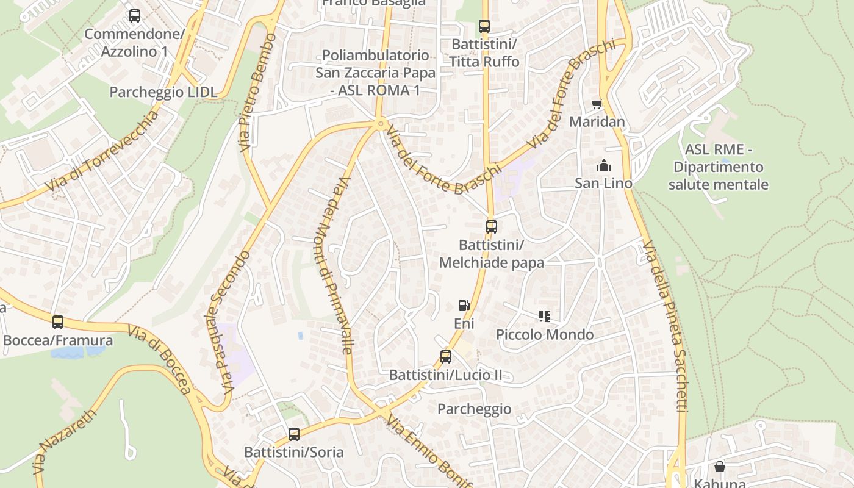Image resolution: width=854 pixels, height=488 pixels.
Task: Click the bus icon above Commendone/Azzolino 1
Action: coord(135,16)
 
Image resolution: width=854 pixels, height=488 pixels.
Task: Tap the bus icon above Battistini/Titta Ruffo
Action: coord(484,26)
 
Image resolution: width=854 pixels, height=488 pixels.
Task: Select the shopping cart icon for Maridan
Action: coord(597,104)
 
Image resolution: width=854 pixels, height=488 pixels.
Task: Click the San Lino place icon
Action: coord(604,165)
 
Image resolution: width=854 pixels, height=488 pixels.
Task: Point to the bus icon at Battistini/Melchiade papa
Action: coord(492,227)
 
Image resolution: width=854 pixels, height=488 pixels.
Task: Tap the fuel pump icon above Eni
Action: coord(464,306)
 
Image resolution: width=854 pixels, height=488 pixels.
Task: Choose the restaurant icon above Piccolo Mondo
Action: coord(545,317)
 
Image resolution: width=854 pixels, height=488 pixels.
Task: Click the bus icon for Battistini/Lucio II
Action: coord(446,357)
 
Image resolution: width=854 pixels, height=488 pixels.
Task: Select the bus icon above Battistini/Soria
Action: coord(294,434)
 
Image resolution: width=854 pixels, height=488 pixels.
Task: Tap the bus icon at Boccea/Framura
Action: coord(58,322)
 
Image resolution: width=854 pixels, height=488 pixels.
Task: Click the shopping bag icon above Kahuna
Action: coord(720,467)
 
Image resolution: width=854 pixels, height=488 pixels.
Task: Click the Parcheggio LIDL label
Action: coord(163,92)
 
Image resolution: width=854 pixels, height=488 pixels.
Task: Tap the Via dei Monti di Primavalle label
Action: coord(337,265)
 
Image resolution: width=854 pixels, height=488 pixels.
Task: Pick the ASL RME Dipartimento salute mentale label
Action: coord(718,167)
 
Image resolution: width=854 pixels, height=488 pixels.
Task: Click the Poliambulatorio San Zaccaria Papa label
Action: coord(376,73)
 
